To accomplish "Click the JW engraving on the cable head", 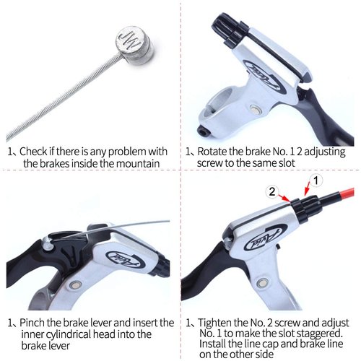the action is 130,40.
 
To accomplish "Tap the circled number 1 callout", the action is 316,180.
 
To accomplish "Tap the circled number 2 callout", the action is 272,192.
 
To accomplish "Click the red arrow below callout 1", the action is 308,188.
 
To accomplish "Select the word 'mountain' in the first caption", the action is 138,164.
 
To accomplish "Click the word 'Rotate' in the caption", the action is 212,152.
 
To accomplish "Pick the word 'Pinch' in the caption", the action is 32,323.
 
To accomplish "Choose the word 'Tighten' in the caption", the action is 216,323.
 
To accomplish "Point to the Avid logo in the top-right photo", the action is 265,77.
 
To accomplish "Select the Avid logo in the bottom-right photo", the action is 266,237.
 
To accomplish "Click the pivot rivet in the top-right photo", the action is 254,109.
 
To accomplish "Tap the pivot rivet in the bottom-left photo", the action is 75,285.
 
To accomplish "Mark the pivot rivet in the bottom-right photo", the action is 262,282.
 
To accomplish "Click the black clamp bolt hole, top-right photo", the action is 202,131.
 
